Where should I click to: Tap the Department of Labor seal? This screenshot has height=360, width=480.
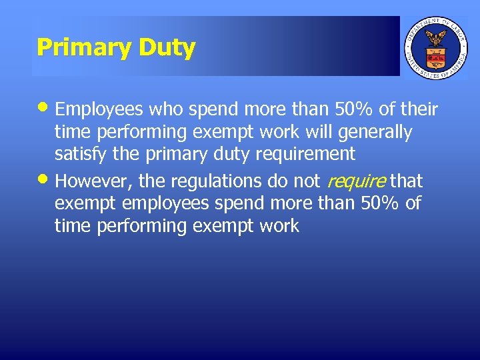click(436, 47)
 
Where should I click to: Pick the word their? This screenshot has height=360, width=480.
click(417, 109)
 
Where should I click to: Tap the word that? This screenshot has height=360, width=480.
click(407, 181)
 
